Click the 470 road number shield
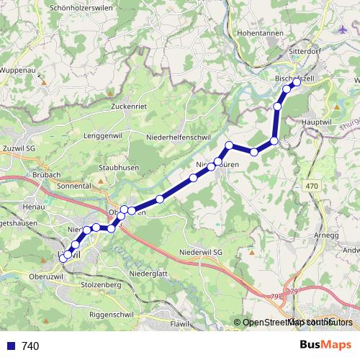point(311,186)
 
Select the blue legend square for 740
point(11,346)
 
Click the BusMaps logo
point(325,345)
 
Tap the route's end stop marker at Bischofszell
point(296,81)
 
